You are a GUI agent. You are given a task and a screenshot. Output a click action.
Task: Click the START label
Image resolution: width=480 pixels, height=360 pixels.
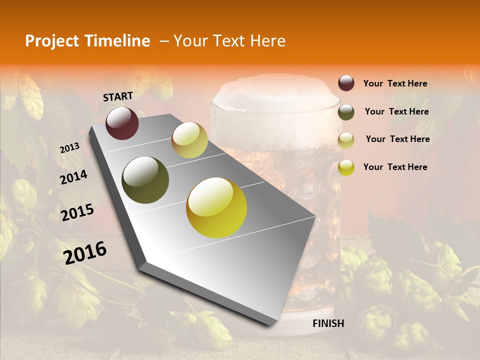point(118,96)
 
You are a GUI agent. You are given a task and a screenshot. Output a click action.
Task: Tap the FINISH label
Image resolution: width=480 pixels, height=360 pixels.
point(328,323)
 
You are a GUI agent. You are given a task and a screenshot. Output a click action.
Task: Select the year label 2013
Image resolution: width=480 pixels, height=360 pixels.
point(69,148)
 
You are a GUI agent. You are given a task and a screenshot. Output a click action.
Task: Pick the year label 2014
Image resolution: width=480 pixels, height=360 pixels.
point(73,177)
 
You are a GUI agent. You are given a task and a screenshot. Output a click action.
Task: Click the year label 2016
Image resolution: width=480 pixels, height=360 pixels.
point(85,253)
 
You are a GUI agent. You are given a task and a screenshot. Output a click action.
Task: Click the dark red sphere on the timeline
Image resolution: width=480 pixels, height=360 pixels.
point(122,123)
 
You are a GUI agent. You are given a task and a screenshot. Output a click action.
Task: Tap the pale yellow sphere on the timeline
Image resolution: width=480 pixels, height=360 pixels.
point(189,140)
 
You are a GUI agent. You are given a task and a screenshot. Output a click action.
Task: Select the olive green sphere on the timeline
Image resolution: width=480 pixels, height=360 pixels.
point(145,180)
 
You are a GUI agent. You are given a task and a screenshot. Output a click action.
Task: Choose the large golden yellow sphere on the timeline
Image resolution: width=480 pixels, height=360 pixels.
point(216,207)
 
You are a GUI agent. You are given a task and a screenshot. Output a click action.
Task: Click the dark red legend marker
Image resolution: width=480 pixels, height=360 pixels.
point(346,83)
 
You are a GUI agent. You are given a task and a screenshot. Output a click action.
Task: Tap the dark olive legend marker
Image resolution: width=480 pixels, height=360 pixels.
point(346,112)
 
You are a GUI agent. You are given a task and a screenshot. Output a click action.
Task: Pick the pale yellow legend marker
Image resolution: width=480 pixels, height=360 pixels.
point(346,140)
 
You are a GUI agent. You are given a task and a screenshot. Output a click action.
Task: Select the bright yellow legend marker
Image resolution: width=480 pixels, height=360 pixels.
point(346,167)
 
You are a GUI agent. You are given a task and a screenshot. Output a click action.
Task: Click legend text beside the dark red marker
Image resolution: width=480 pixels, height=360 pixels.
point(395,83)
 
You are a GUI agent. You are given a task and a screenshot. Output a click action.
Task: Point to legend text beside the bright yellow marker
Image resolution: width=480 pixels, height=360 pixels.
point(395,167)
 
